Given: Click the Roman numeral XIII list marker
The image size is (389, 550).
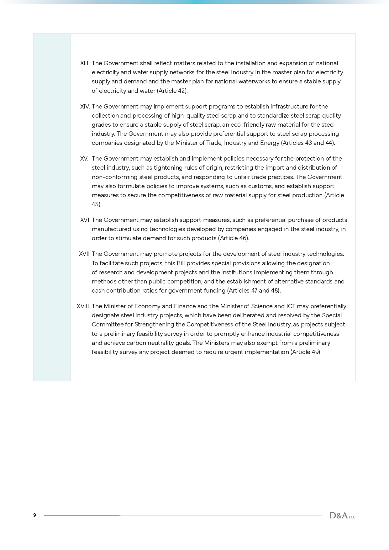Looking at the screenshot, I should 85,63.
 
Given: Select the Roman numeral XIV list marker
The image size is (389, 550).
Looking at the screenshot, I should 85,107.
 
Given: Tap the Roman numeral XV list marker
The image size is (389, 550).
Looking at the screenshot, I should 84,159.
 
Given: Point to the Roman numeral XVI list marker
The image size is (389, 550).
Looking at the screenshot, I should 85,220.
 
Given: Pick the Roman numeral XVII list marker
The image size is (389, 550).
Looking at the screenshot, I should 84,254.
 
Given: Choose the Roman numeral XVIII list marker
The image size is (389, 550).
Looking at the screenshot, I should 83,306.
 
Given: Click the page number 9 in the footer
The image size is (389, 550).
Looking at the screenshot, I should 34,515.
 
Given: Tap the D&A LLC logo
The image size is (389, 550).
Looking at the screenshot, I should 342,515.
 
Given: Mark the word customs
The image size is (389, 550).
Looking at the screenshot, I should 260,186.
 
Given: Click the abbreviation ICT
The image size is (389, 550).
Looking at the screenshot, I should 291,306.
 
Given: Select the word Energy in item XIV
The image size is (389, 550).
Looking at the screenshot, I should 270,143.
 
